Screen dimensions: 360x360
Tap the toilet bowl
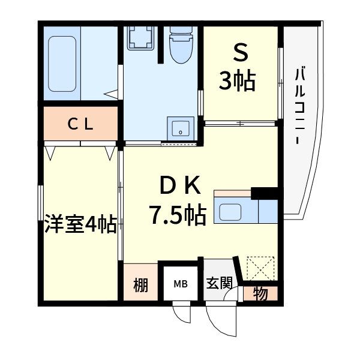click(x=179, y=45)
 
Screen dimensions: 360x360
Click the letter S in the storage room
click(x=240, y=55)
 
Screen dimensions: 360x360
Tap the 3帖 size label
click(x=238, y=80)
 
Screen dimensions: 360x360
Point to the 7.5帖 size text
click(x=178, y=214)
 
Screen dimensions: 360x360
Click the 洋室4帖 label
click(x=80, y=225)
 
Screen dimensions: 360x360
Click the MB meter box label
click(x=180, y=284)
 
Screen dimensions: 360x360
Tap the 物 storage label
click(x=260, y=295)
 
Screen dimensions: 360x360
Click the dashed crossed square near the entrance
click(x=260, y=268)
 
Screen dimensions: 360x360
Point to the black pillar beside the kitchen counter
click(x=266, y=193)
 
